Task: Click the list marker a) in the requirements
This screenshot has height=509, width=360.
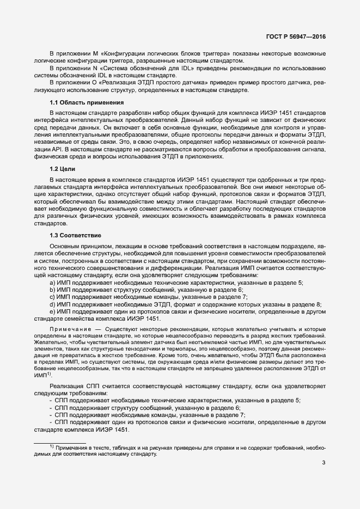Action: pos(52,283)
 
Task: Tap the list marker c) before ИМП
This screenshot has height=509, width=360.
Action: pos(52,297)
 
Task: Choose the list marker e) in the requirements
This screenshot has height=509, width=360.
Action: pos(52,311)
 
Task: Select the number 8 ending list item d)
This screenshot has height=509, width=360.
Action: pos(319,304)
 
